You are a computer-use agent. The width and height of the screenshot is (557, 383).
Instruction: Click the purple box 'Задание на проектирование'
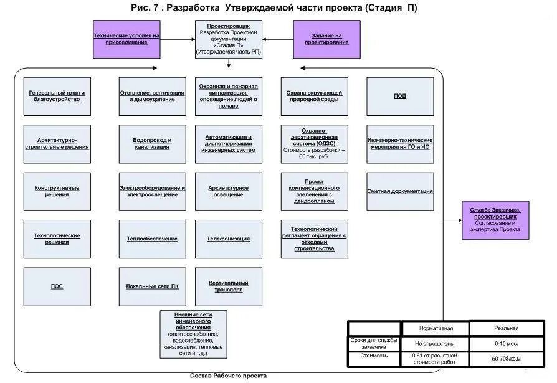326,39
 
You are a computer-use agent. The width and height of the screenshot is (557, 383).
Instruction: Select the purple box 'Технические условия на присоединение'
126,39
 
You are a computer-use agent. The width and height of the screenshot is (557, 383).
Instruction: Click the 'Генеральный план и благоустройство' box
57,96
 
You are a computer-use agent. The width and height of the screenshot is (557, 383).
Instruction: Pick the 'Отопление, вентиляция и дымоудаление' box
152,96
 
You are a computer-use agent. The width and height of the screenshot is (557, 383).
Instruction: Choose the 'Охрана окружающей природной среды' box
314,96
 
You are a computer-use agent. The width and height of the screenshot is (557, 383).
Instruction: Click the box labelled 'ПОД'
400,96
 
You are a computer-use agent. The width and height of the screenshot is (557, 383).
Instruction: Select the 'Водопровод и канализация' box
152,144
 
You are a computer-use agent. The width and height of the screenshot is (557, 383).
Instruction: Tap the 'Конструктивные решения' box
57,191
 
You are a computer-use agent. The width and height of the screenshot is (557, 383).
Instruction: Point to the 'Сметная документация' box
400,191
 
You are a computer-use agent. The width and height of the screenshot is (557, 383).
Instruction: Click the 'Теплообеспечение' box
152,239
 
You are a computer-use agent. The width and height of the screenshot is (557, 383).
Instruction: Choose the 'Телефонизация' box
228,239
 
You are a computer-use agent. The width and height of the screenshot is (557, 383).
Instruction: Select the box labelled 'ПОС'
57,286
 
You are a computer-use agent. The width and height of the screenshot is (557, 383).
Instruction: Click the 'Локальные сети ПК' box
152,286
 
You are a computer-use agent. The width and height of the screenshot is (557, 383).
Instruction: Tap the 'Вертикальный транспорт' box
228,286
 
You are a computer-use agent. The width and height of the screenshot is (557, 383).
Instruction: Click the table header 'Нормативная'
435,328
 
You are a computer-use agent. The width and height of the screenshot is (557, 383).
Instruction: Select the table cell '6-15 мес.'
506,343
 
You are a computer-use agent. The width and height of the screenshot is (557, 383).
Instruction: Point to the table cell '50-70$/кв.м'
506,359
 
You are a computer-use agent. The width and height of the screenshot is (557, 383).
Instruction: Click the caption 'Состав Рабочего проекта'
228,376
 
